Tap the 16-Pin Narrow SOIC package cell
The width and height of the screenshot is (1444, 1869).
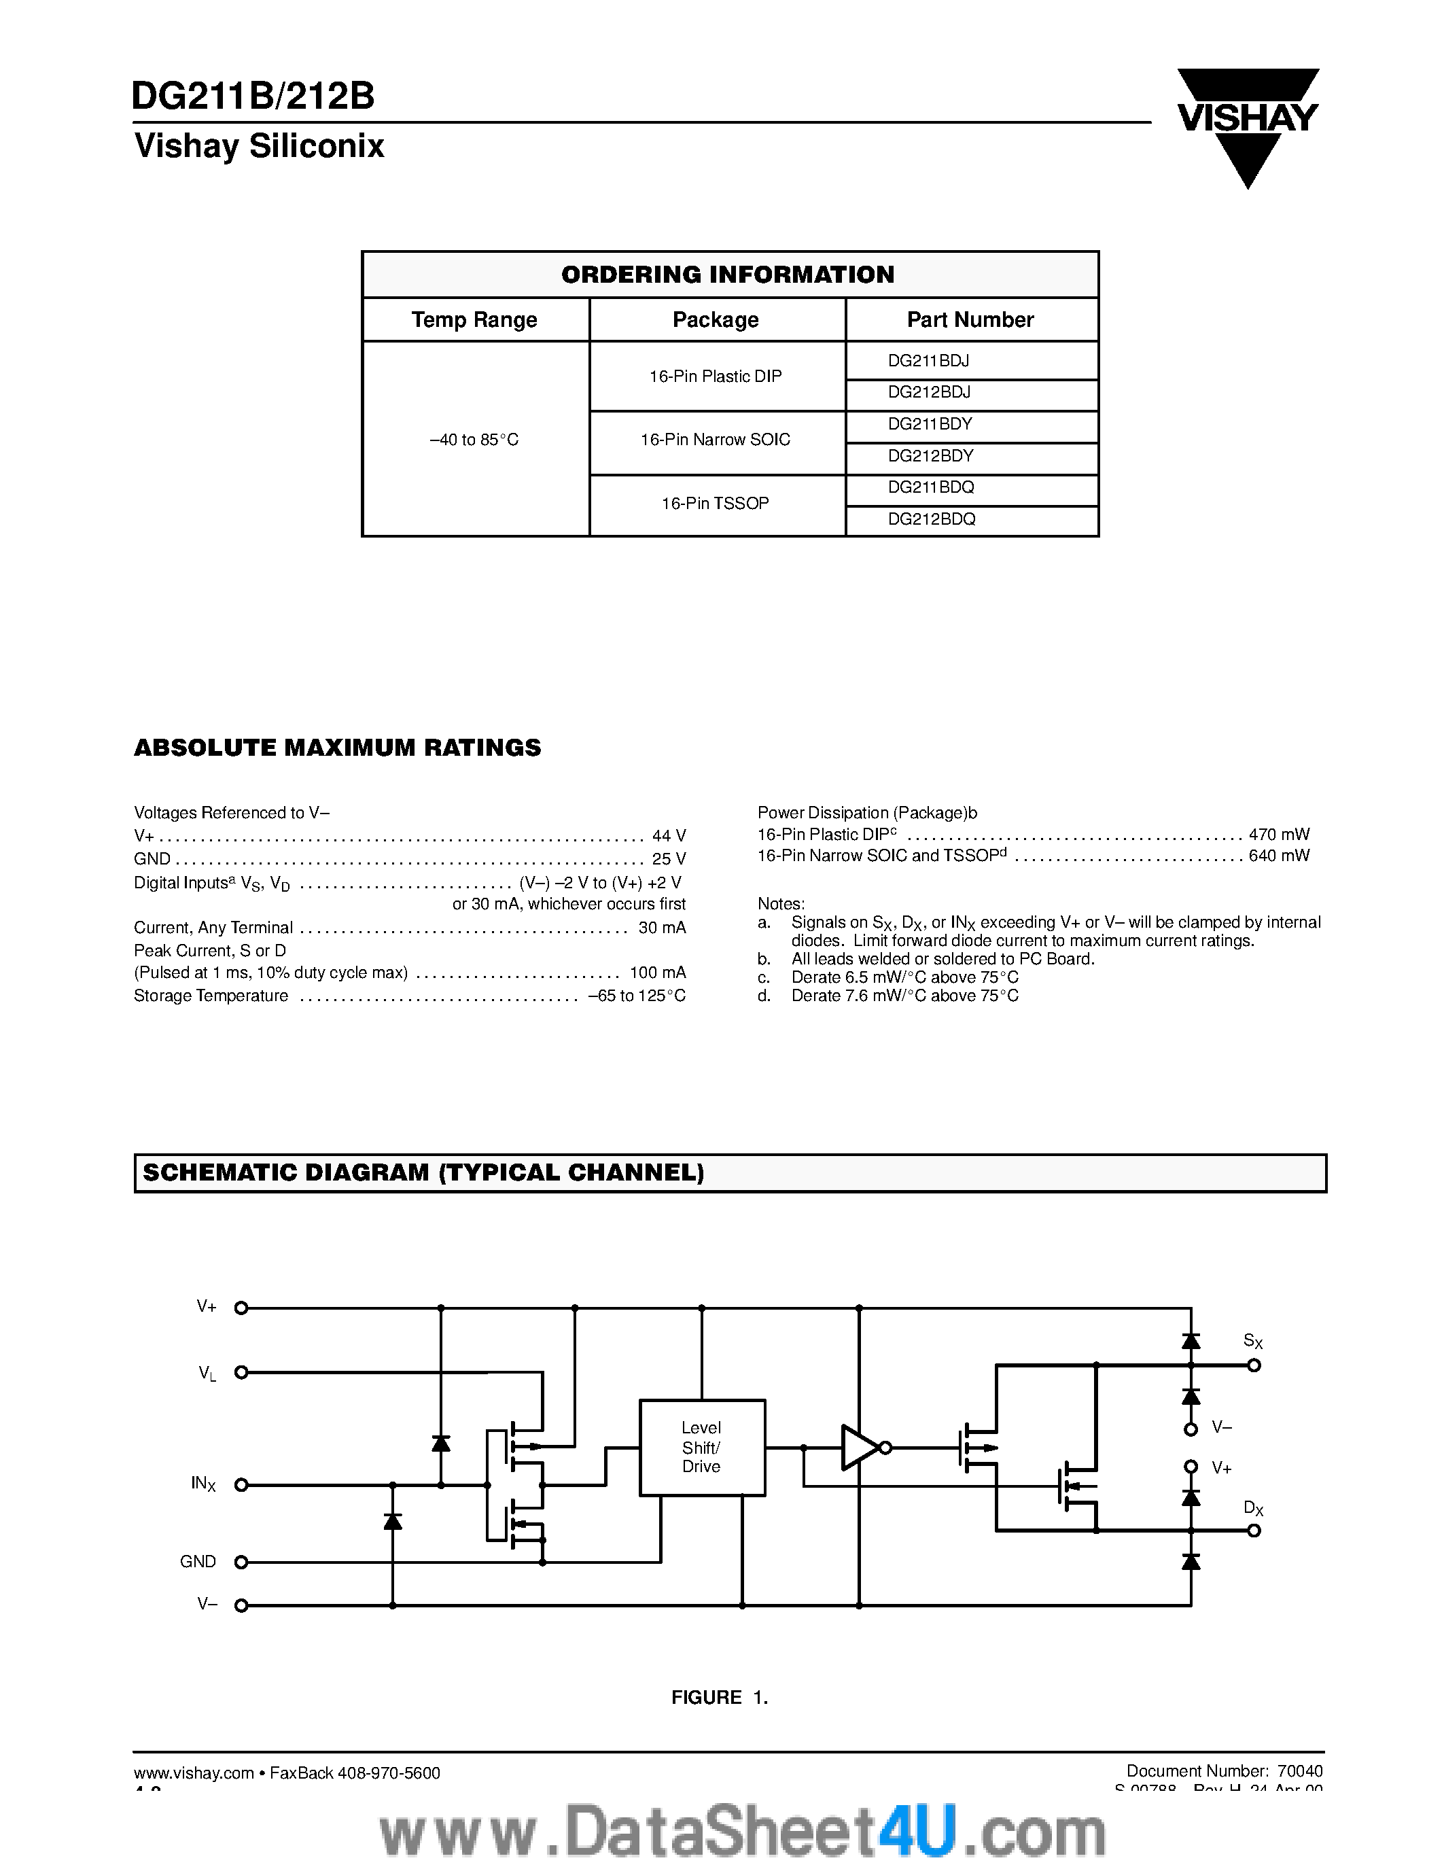716,440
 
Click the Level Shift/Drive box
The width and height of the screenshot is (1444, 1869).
701,1447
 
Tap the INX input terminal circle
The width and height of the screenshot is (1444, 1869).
241,1485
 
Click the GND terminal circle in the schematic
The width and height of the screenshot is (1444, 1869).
241,1562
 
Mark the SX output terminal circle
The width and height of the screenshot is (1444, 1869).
1254,1366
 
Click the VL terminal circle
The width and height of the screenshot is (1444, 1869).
241,1373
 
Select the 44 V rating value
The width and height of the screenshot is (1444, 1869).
668,835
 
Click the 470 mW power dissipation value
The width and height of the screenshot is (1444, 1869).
1279,835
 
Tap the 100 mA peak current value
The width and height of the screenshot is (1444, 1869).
658,973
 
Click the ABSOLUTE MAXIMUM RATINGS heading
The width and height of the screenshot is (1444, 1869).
337,748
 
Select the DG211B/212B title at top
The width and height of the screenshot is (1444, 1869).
254,97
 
